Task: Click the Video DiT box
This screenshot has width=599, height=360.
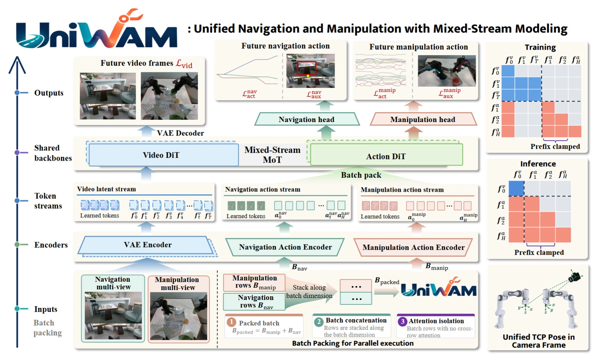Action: [x=164, y=155]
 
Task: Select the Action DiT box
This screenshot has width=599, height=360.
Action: [x=386, y=156]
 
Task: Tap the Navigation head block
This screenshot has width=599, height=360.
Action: [x=307, y=119]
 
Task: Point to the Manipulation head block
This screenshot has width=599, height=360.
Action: [x=423, y=119]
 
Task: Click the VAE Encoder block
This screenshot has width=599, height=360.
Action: [x=148, y=245]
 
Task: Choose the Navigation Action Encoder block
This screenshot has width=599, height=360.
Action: [x=285, y=247]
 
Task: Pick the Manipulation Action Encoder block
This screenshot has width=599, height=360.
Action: [x=413, y=247]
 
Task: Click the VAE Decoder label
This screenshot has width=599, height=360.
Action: [x=180, y=133]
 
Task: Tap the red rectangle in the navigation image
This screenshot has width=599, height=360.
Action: [x=306, y=68]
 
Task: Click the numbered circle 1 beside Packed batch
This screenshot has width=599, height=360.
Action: [x=231, y=322]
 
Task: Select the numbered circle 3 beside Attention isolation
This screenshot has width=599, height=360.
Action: [x=402, y=321]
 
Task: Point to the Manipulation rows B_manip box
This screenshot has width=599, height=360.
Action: [x=254, y=282]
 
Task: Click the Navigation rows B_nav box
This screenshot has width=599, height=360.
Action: [x=254, y=302]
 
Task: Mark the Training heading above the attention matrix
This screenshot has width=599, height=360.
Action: [x=540, y=48]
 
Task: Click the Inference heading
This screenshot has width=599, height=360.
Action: [x=538, y=164]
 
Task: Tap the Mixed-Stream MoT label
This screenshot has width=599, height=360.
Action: [x=272, y=155]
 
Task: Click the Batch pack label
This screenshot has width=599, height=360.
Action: [x=361, y=175]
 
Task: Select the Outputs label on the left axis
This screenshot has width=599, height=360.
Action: [x=49, y=93]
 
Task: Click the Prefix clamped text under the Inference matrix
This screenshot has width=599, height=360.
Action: [x=539, y=252]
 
